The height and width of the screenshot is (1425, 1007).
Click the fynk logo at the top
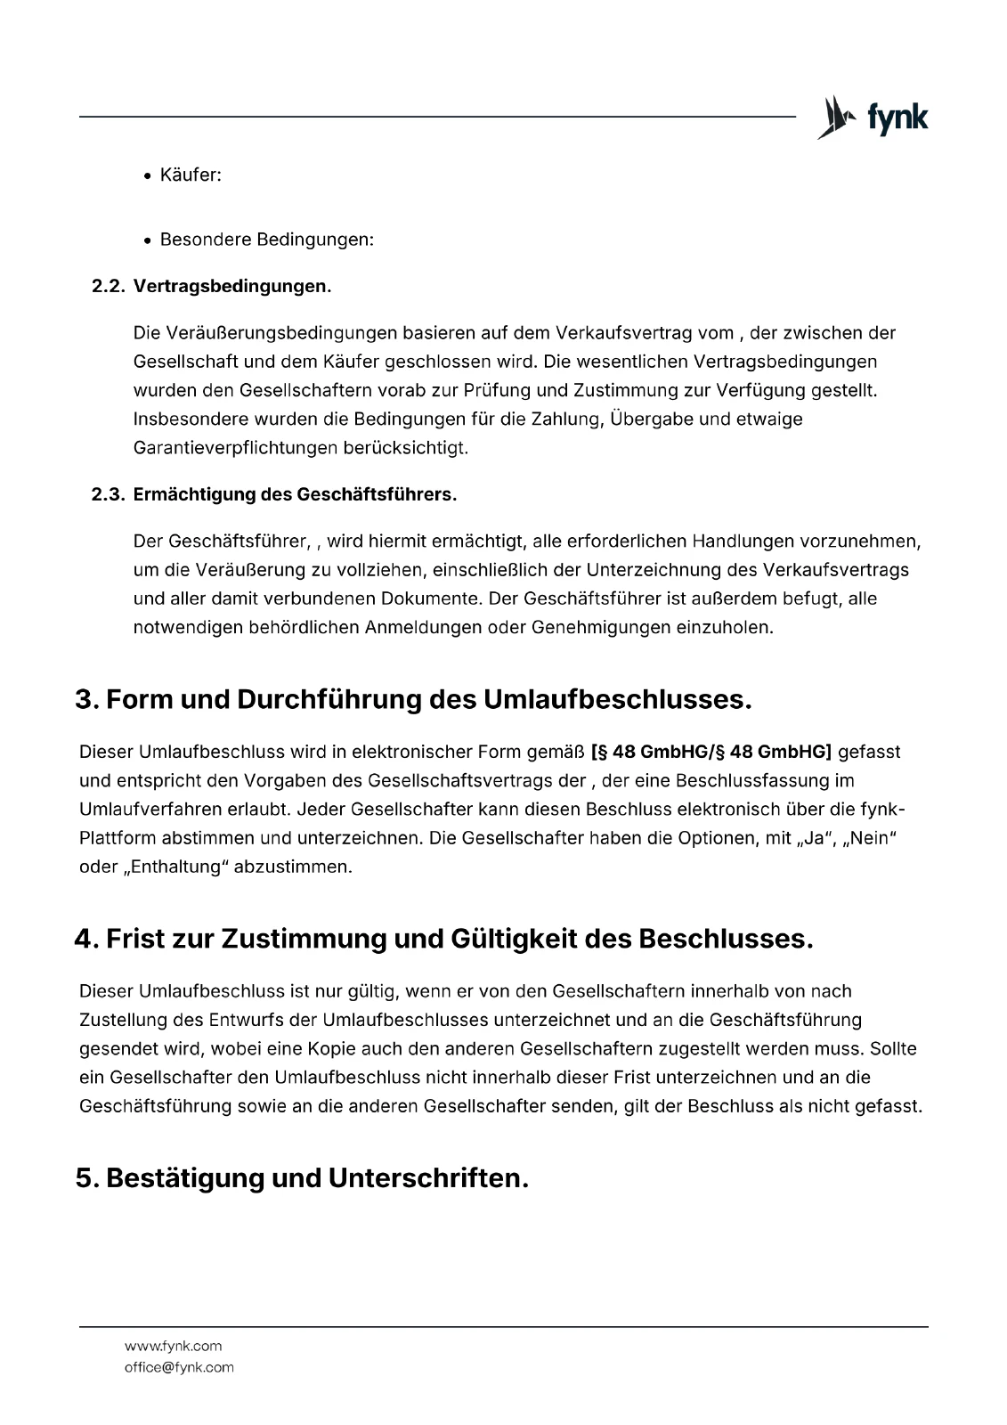[873, 118]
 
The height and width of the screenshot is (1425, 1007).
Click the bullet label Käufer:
[191, 175]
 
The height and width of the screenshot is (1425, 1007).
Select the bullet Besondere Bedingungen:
[266, 240]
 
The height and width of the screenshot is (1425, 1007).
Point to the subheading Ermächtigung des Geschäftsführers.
[295, 494]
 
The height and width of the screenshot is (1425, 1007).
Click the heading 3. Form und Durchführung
[413, 700]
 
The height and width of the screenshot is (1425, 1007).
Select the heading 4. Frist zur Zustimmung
[443, 939]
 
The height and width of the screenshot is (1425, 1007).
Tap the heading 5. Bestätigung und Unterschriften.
[302, 1178]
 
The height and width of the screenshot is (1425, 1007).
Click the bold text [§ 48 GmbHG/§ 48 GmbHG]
[711, 753]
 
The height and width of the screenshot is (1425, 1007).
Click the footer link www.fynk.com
[173, 1347]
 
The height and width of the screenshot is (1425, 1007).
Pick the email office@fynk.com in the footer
[179, 1367]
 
